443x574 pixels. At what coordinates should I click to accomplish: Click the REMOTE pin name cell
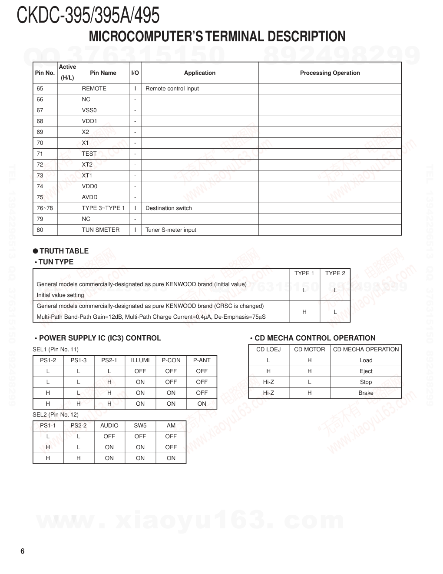point(94,89)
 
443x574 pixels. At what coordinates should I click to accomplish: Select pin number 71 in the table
point(40,154)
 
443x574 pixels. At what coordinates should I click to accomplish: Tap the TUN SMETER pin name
point(100,230)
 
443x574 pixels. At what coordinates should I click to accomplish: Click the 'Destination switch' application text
point(169,208)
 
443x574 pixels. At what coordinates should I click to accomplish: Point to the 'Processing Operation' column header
point(330,73)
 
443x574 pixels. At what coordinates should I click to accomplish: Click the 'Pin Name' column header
point(103,73)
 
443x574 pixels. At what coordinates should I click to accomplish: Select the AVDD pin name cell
point(89,197)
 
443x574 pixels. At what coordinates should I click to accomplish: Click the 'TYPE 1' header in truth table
point(304,274)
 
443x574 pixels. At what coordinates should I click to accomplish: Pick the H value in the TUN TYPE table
point(304,312)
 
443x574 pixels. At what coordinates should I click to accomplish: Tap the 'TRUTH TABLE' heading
point(64,251)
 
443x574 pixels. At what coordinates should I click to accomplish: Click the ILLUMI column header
point(140,360)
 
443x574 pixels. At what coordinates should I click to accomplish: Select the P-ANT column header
point(202,360)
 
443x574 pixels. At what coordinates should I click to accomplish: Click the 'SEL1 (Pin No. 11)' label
point(56,350)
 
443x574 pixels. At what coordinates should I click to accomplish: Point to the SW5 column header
point(140,426)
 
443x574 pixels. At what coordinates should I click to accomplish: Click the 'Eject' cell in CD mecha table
point(366,371)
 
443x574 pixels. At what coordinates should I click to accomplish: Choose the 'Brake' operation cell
point(366,393)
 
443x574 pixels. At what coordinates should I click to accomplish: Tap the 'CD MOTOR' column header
point(309,350)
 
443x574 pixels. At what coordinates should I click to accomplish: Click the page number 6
point(23,551)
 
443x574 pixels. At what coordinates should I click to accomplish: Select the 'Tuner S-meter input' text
point(171,230)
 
